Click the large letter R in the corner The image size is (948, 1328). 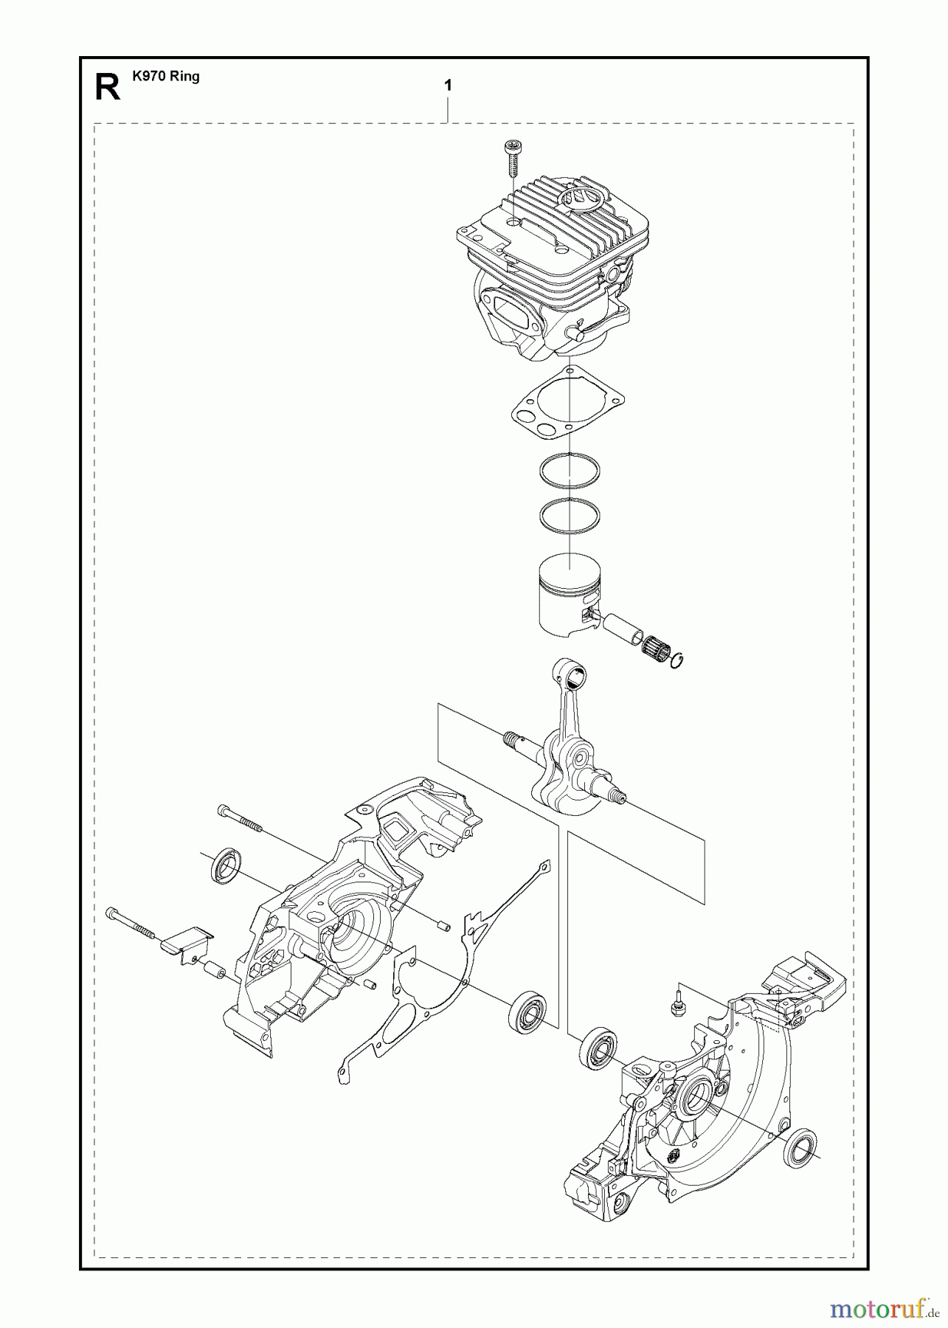coord(108,86)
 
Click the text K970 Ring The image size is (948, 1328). coord(166,76)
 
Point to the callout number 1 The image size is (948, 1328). coord(448,86)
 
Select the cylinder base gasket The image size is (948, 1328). coord(569,404)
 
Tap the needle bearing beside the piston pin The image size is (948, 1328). coord(654,634)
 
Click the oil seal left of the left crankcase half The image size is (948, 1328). coord(224,866)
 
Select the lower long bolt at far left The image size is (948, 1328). coord(133,923)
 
